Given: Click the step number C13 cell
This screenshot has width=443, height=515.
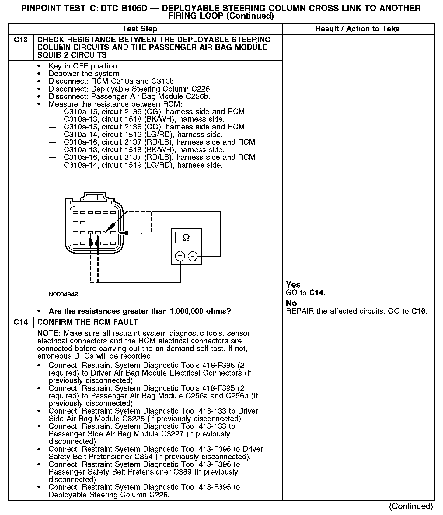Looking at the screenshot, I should tap(21, 40).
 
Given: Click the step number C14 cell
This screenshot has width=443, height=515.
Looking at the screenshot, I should tap(21, 322).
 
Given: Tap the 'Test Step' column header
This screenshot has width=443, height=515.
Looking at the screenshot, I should tap(140, 29).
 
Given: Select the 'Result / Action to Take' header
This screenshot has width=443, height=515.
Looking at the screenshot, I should tap(358, 29).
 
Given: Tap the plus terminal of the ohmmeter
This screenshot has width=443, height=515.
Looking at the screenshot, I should tap(180, 256).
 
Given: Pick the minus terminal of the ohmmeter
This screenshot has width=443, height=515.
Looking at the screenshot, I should tap(193, 256).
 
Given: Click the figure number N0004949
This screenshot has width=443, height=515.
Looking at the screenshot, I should tap(63, 294).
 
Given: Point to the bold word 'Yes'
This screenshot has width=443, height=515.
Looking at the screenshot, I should tap(293, 285).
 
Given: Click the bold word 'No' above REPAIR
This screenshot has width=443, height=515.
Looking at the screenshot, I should tap(291, 303).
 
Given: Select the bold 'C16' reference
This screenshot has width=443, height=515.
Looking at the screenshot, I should tap(419, 311).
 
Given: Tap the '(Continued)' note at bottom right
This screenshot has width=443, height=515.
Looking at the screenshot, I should tap(411, 506).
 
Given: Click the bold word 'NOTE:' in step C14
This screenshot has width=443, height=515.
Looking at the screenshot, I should tap(49, 333).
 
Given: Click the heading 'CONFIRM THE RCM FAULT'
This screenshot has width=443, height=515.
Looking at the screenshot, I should tap(88, 322).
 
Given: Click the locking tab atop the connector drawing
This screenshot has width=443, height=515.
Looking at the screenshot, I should tap(95, 197).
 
